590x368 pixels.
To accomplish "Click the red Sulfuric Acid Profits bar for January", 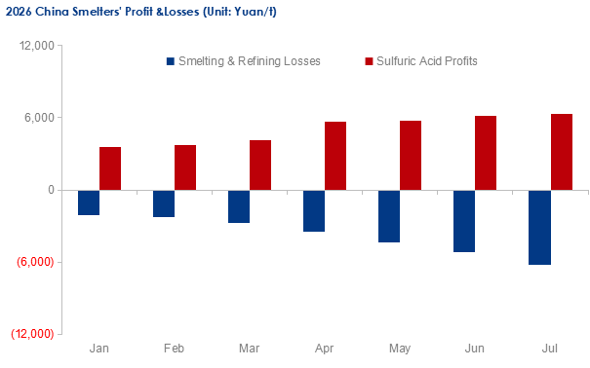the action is [x=110, y=168].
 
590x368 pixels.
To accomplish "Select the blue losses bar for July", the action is [x=539, y=228].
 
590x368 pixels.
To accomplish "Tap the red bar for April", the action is [x=335, y=156].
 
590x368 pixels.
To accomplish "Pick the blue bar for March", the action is [x=239, y=206].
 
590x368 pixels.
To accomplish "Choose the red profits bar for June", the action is [x=486, y=153].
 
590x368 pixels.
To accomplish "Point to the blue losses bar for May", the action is [x=389, y=216].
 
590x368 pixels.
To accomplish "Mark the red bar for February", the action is [x=185, y=167].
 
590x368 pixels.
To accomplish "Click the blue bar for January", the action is [x=89, y=202].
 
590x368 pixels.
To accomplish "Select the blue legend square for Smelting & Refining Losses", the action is [x=171, y=61].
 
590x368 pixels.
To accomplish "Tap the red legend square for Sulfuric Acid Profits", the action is [x=369, y=61].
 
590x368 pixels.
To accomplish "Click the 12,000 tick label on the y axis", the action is [x=37, y=46].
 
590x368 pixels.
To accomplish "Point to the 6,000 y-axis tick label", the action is [x=40, y=118].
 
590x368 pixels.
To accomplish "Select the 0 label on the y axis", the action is [x=51, y=190].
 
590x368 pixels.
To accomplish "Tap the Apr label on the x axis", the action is [x=324, y=349].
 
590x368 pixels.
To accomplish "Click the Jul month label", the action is [x=549, y=349].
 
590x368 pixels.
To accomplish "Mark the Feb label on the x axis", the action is [x=174, y=349].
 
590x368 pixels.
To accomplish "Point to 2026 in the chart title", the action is [x=19, y=12].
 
